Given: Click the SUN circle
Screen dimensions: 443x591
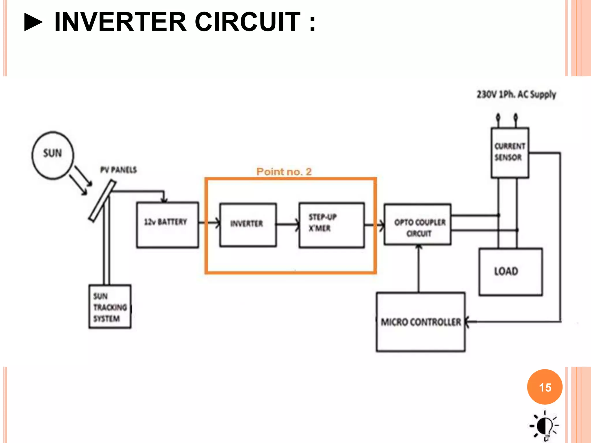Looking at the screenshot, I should [53, 155].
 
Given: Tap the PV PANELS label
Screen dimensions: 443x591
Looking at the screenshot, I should [118, 170].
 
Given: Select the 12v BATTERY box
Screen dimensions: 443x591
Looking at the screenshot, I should [167, 225].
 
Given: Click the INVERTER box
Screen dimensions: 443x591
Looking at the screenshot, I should [248, 225].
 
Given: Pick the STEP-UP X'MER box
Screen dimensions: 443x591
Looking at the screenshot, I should [331, 225].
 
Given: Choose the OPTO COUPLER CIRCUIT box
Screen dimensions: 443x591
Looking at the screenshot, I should [417, 224].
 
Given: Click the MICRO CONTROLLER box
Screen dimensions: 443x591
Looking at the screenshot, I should [420, 322].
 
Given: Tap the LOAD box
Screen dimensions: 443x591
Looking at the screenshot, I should [510, 272].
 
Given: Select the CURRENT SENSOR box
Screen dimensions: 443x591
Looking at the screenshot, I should [510, 152].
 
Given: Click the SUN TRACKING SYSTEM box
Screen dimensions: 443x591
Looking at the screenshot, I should [110, 307].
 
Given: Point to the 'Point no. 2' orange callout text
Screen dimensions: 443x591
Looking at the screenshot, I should [284, 172].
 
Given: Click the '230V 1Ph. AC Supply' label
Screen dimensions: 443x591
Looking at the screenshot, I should [516, 94].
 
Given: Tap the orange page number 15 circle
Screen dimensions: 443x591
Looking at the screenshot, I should [545, 387].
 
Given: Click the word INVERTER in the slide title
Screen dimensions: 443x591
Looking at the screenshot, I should [120, 22].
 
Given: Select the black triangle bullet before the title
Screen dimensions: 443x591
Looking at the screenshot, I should [33, 22].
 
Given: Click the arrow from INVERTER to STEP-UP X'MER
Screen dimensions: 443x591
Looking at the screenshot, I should [287, 224].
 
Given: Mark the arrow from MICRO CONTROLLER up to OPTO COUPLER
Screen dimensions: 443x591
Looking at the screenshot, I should [419, 268].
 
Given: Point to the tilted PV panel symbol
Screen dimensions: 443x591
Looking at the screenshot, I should [102, 201].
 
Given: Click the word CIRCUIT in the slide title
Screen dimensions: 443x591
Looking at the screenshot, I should [248, 22].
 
